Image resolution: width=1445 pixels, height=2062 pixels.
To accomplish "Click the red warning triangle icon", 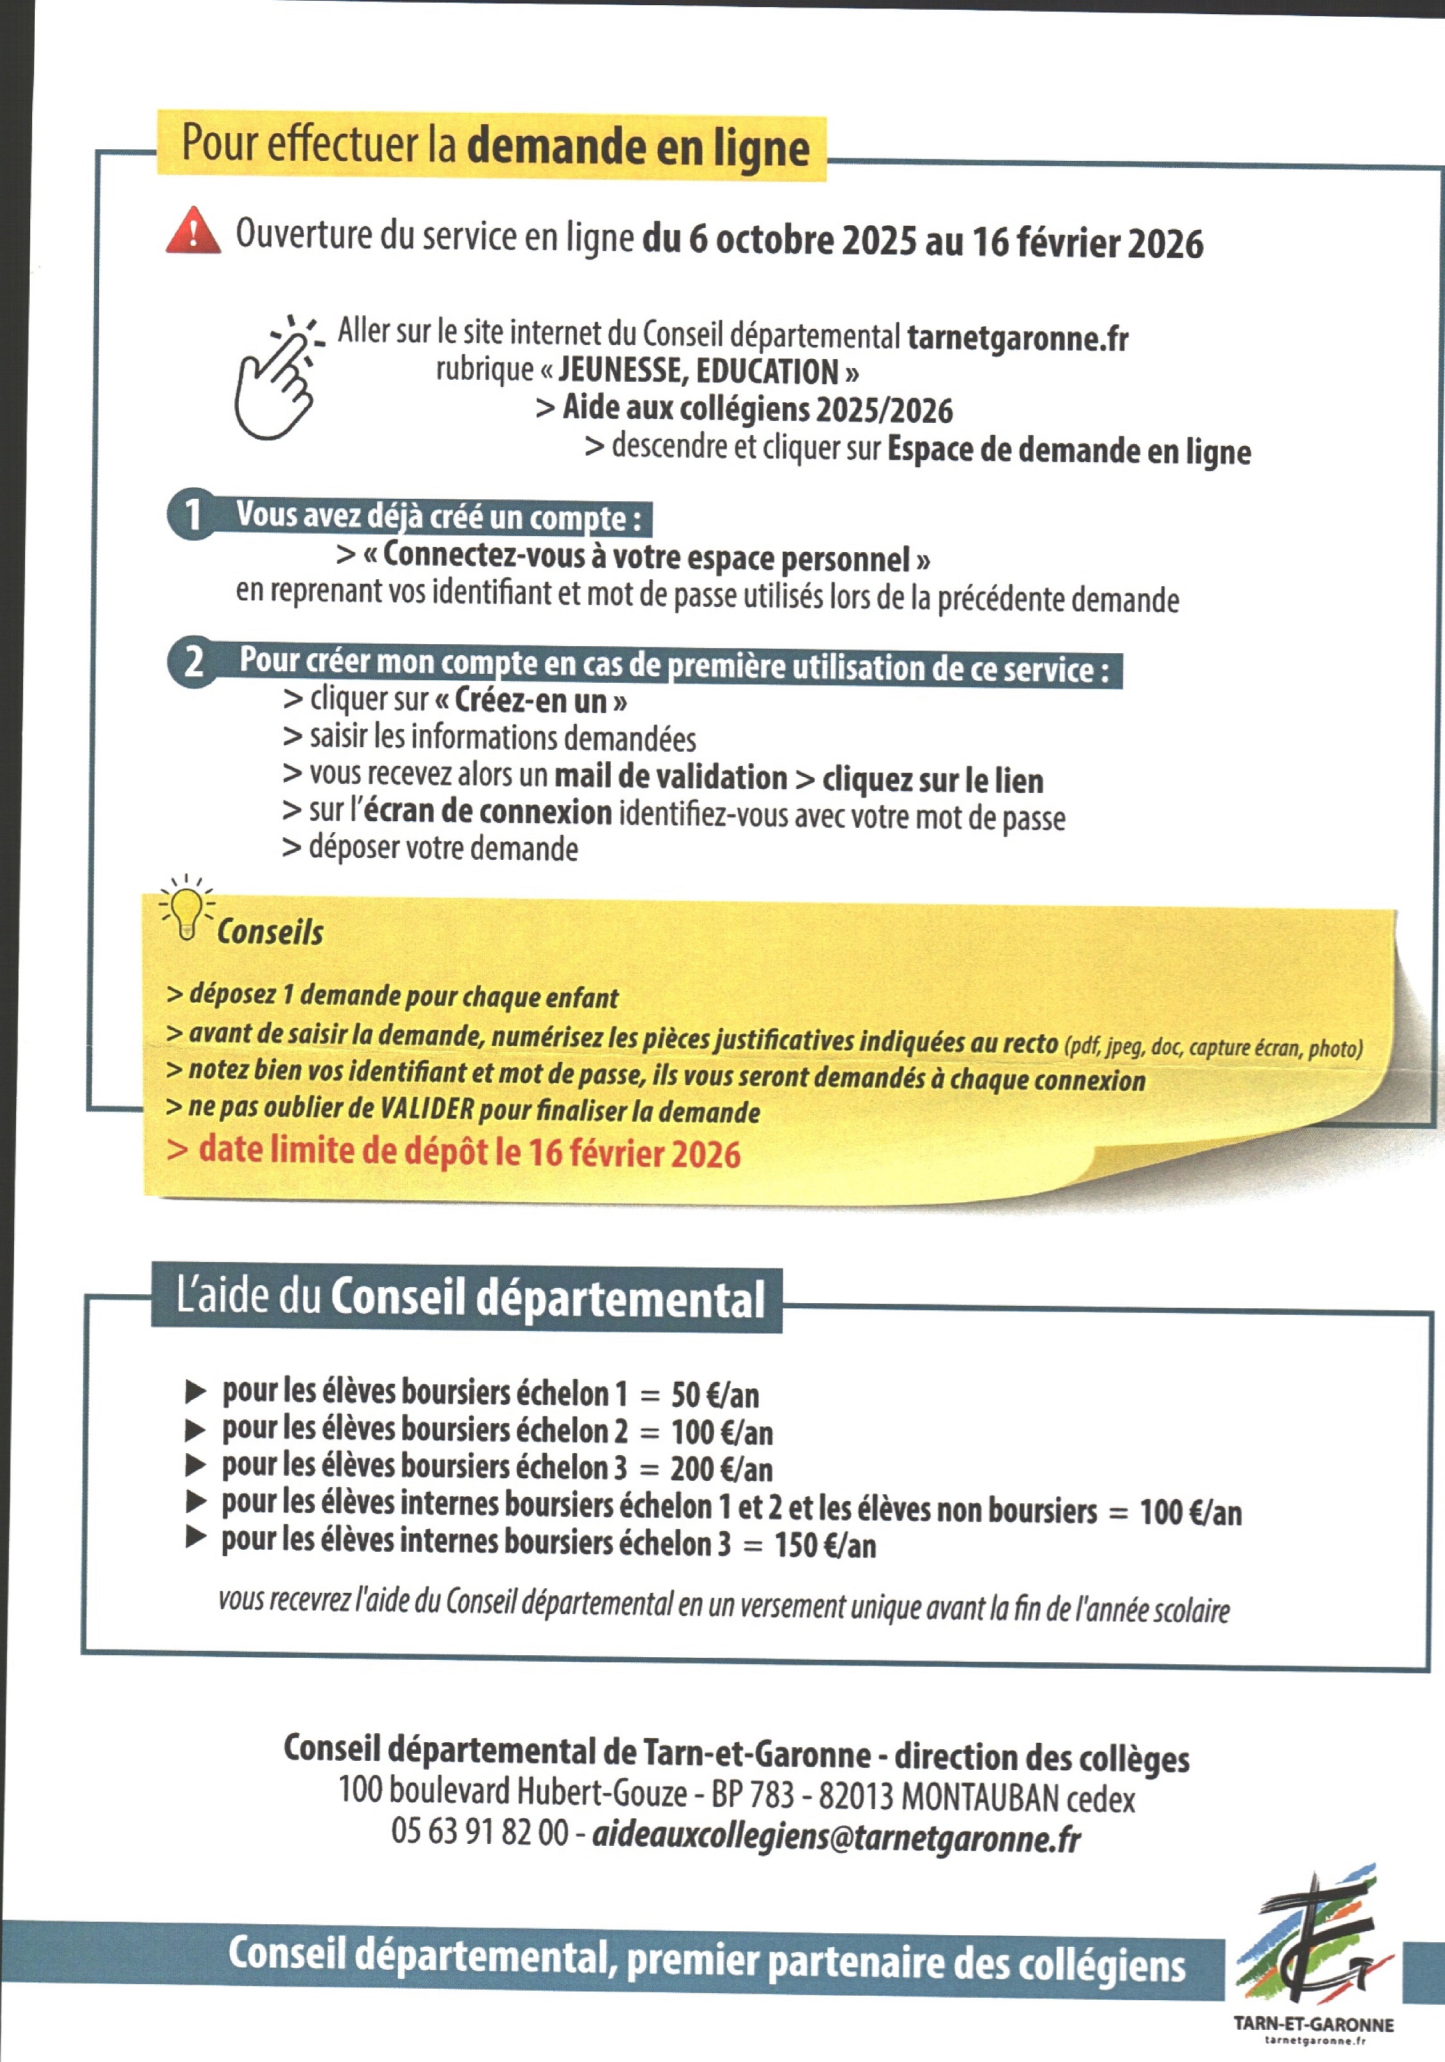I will coord(193,231).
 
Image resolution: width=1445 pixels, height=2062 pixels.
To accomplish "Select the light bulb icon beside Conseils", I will coord(186,909).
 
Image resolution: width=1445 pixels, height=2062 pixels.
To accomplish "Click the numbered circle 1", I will coord(191,515).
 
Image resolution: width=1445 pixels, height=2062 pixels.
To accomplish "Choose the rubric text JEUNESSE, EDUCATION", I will coord(698,371).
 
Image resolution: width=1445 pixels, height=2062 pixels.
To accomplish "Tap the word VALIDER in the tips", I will coord(427,1109).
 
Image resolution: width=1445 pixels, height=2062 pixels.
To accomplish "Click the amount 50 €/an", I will coord(715,1395).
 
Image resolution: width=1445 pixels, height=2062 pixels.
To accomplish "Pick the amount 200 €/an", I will coord(721,1469).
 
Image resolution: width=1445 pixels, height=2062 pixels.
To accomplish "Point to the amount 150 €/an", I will coord(825,1545).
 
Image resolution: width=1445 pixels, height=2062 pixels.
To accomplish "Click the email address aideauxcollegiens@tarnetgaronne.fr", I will coord(835,1839).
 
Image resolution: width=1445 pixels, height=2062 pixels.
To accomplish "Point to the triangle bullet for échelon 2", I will coord(195,1430).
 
